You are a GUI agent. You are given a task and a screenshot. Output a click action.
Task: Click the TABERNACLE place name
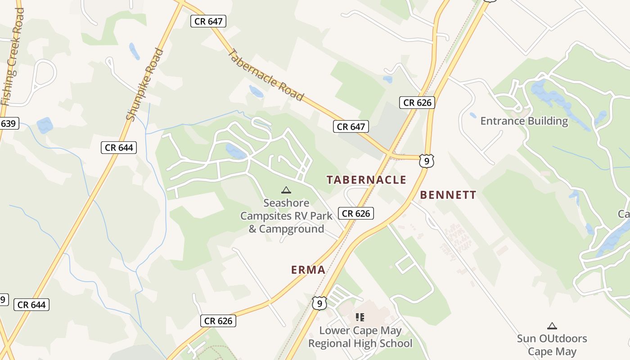[x=366, y=180]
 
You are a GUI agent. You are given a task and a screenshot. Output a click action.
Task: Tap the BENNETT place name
[x=448, y=195]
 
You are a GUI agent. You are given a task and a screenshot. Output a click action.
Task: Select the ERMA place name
[x=308, y=270]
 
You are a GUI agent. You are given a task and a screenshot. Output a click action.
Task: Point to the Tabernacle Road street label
[x=265, y=75]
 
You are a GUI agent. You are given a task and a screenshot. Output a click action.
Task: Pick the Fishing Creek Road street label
[x=12, y=57]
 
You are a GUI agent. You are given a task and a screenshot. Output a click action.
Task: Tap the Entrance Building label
[x=524, y=121]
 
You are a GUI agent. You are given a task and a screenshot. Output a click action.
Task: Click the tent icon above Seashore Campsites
[x=286, y=190]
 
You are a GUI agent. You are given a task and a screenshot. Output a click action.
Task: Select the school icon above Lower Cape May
[x=360, y=317]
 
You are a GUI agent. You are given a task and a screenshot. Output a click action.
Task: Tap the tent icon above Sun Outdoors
[x=552, y=326]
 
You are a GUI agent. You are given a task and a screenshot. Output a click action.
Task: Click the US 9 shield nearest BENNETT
[x=426, y=161]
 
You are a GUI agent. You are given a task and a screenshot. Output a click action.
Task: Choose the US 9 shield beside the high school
[x=319, y=303]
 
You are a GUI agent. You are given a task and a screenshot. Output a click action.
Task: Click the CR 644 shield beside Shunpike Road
[x=119, y=147]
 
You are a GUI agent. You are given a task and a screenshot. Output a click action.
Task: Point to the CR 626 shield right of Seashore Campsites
[x=356, y=213]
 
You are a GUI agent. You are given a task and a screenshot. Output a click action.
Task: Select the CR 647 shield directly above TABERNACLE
[x=351, y=126]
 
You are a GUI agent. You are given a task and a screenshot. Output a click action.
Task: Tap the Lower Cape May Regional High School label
[x=360, y=337]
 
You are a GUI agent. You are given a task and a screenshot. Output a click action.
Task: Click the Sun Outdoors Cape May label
[x=552, y=345]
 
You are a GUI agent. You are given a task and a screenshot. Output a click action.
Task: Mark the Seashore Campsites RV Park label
[x=286, y=216]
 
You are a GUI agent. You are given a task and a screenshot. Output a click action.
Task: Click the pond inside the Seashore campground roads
[x=236, y=152]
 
